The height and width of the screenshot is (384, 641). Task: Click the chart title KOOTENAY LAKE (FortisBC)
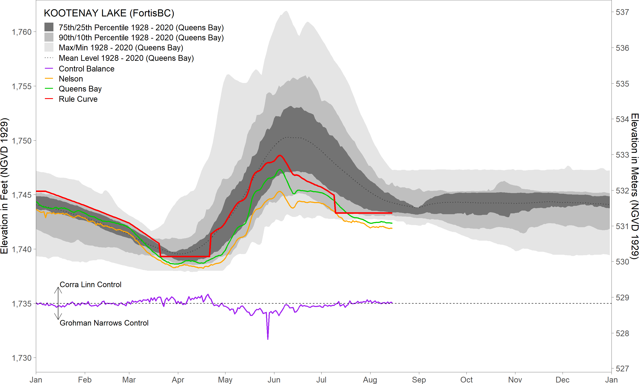coord(109,13)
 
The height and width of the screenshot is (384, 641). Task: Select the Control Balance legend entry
coord(86,69)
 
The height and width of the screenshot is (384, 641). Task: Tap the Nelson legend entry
coord(71,79)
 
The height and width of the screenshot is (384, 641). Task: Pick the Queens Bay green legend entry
coord(80,89)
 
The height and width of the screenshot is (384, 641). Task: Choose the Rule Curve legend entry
coord(78,99)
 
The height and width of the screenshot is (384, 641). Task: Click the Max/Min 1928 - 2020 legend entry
coord(121,48)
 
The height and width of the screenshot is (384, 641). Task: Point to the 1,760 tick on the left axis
coord(22,32)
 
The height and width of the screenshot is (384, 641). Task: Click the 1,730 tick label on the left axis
coord(22,358)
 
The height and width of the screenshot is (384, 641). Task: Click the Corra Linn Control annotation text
coord(90,285)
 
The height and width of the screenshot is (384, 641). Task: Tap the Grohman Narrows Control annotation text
coord(104,323)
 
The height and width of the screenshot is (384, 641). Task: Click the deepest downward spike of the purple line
coord(268,339)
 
